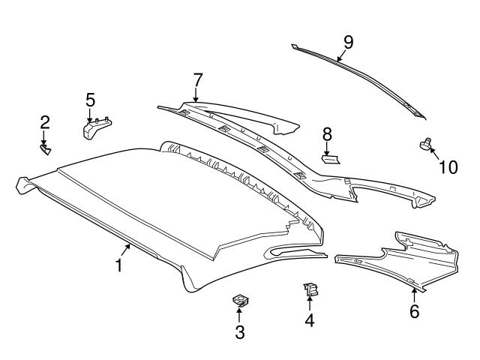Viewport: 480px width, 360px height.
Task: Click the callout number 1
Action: [118, 265]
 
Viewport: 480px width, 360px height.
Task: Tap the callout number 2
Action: [45, 121]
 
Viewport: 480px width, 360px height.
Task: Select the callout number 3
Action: [240, 332]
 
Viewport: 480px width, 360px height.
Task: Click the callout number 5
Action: [90, 99]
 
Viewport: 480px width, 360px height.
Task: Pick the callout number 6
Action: [414, 311]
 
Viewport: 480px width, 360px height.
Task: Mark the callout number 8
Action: [327, 133]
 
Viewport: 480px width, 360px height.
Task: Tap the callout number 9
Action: [347, 41]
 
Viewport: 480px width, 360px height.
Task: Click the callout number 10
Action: [448, 166]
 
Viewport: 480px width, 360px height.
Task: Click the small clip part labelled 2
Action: [46, 150]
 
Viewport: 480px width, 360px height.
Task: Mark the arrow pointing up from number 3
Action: [240, 315]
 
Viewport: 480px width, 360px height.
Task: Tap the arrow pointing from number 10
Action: [434, 154]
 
